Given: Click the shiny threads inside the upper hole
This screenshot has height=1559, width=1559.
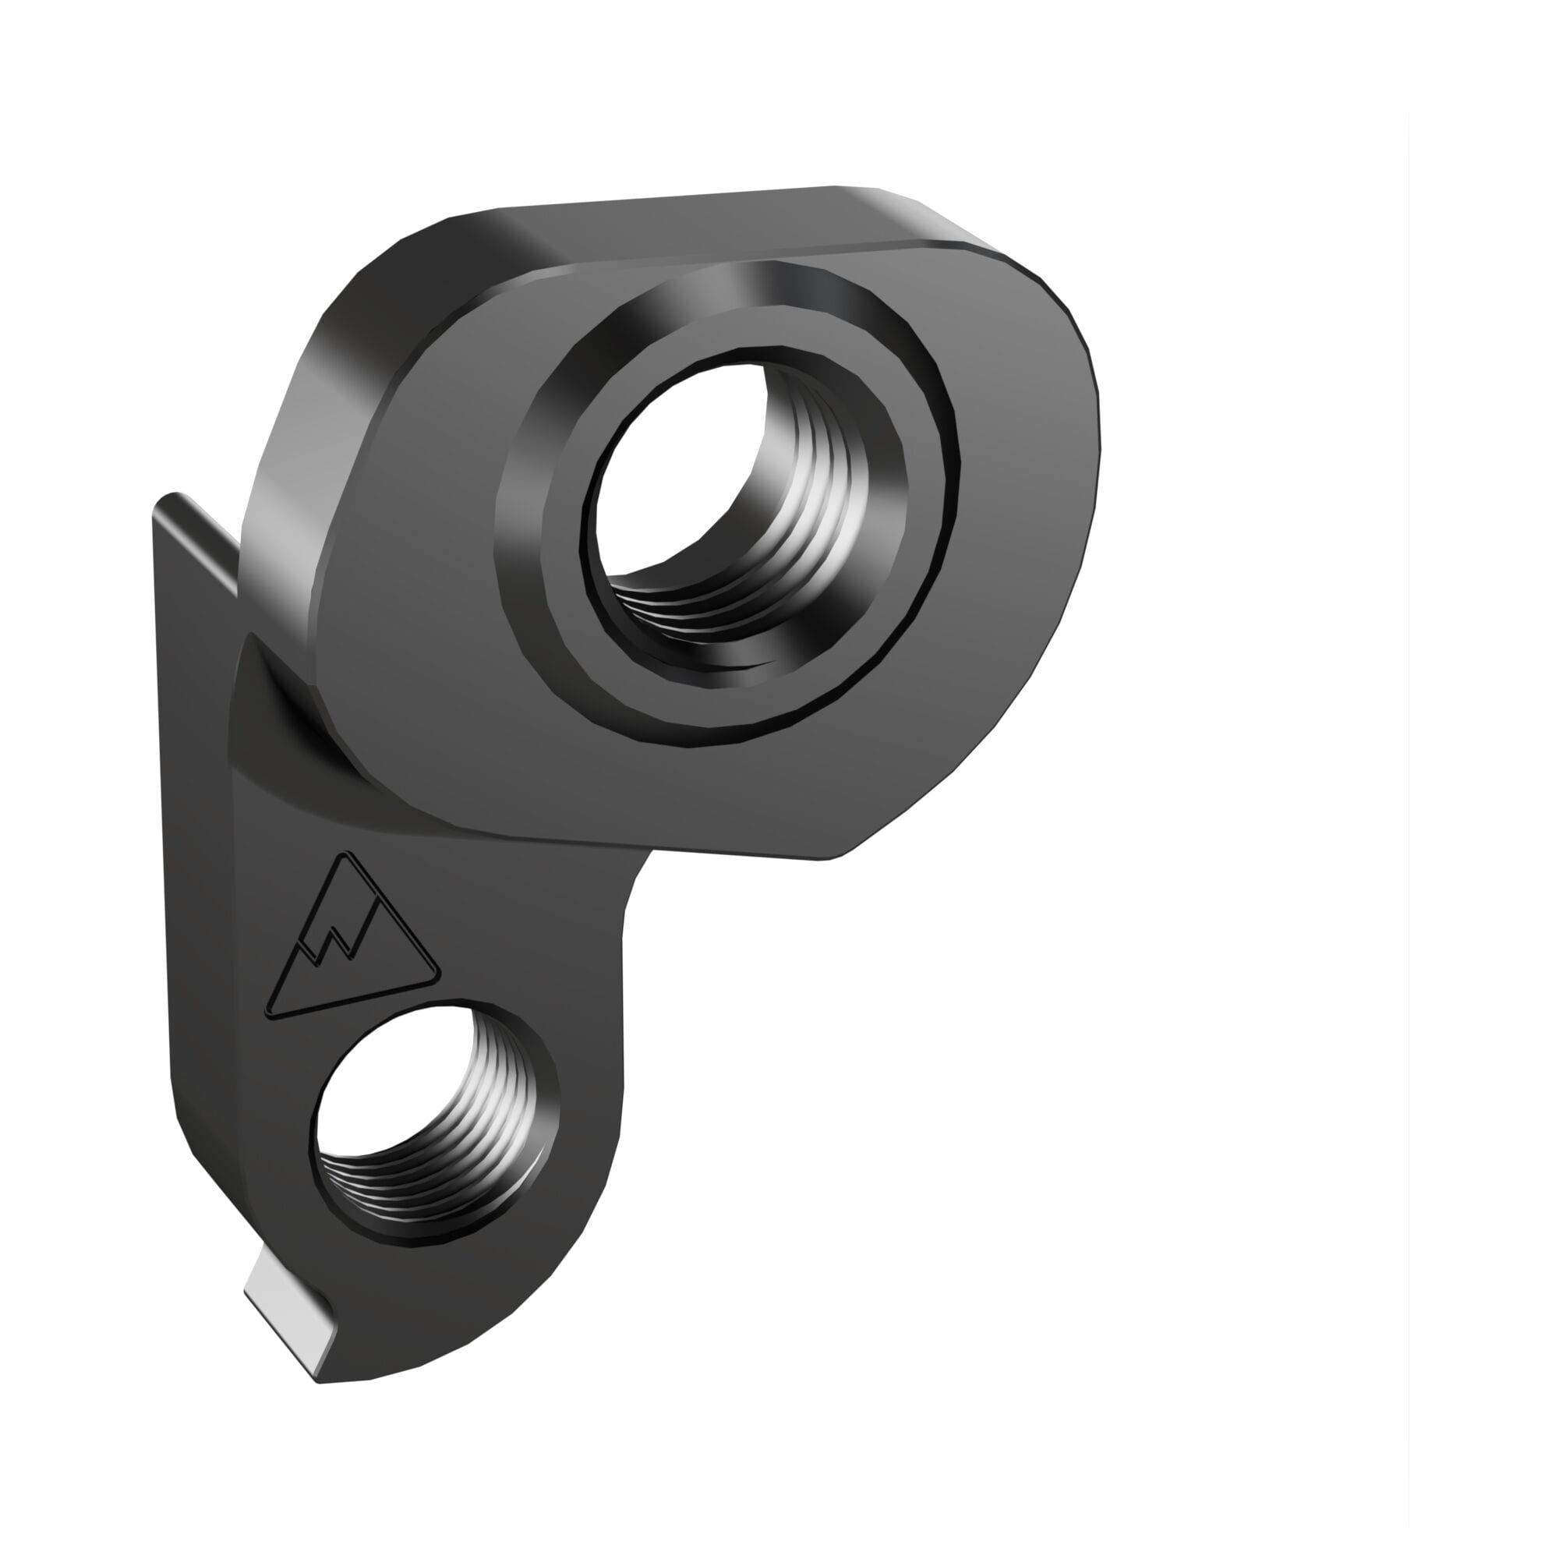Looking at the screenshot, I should [815, 517].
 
